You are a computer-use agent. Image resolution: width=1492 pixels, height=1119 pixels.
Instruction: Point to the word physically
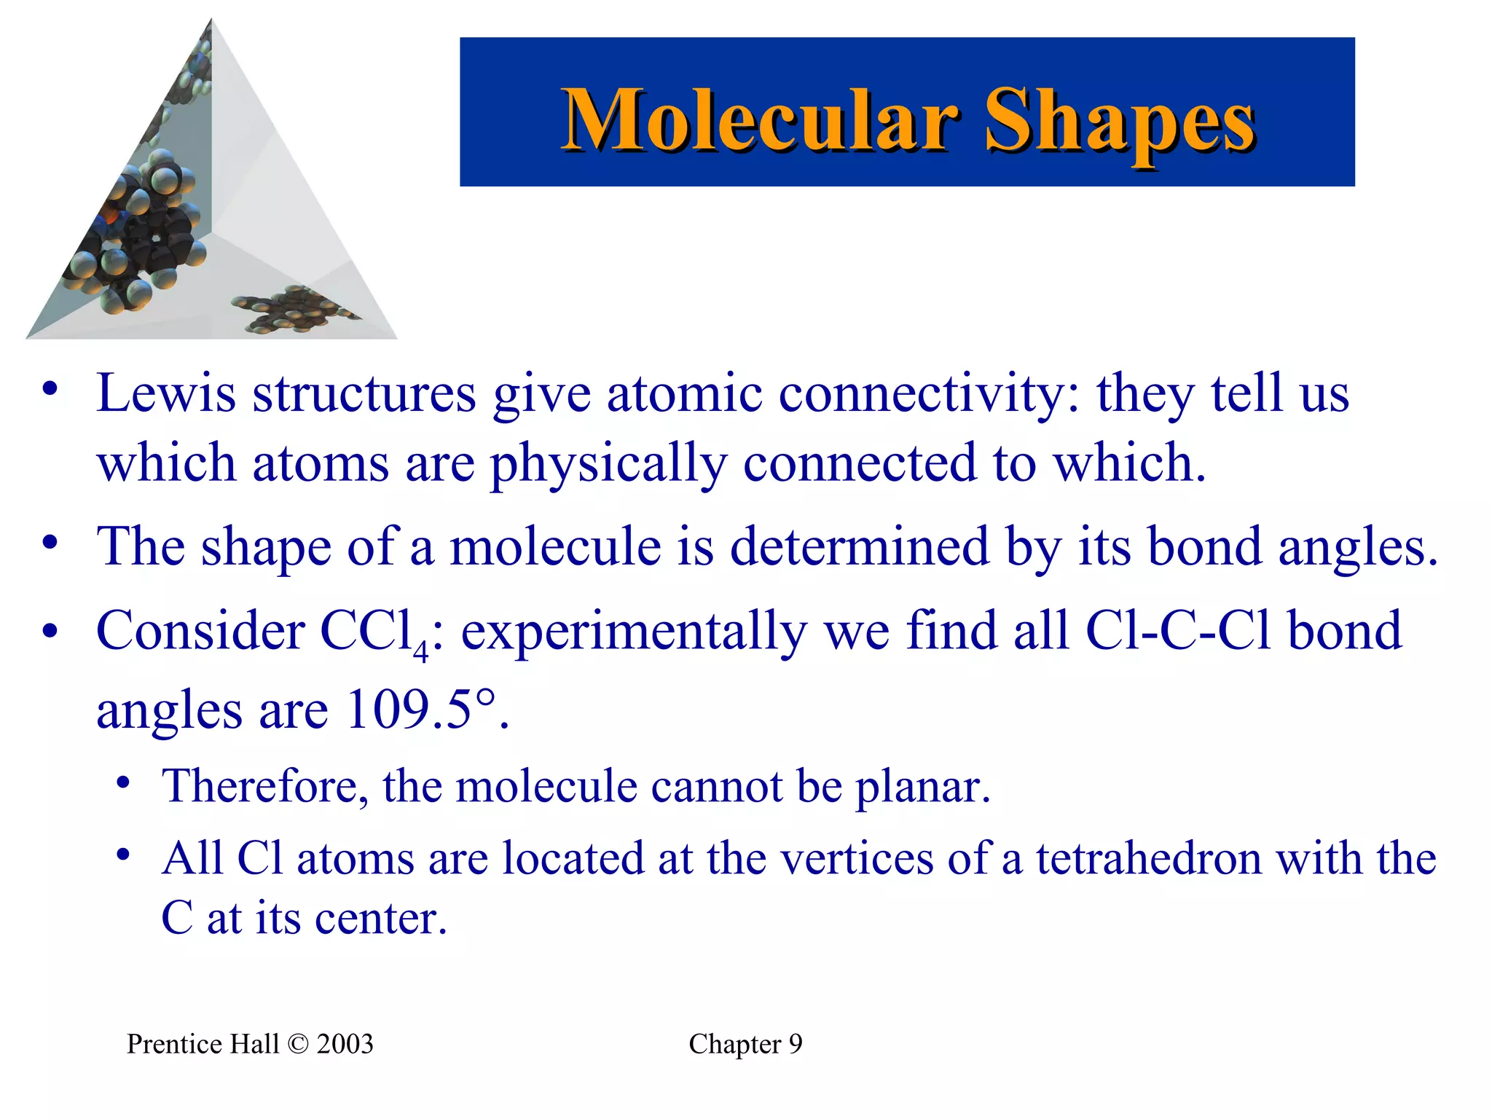608,464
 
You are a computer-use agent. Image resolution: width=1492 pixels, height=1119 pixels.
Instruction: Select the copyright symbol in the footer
298,1045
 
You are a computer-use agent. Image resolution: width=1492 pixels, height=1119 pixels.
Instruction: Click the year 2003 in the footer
345,1045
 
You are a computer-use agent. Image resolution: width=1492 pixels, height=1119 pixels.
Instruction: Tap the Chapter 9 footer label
745,1045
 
